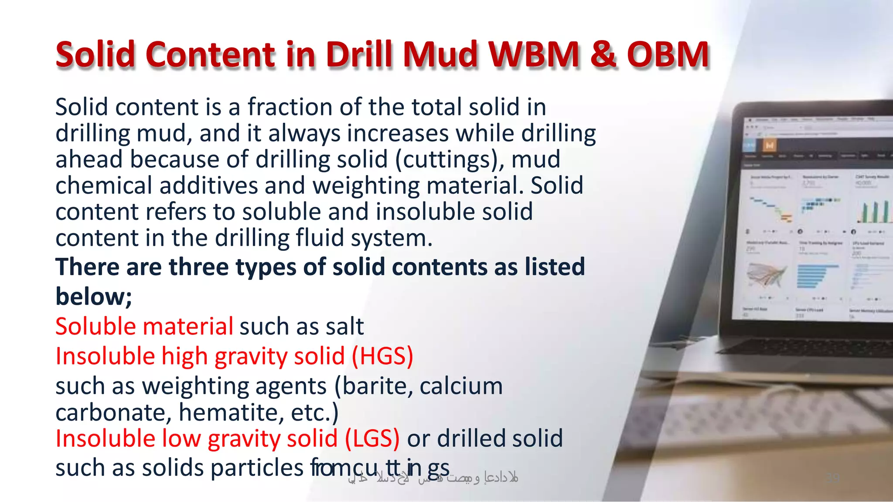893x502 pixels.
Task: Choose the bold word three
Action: click(199, 266)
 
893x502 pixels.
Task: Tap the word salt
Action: click(344, 327)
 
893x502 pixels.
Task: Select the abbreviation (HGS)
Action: click(382, 356)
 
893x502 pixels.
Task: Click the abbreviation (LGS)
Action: click(372, 438)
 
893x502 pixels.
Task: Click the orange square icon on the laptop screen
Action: click(770, 145)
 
